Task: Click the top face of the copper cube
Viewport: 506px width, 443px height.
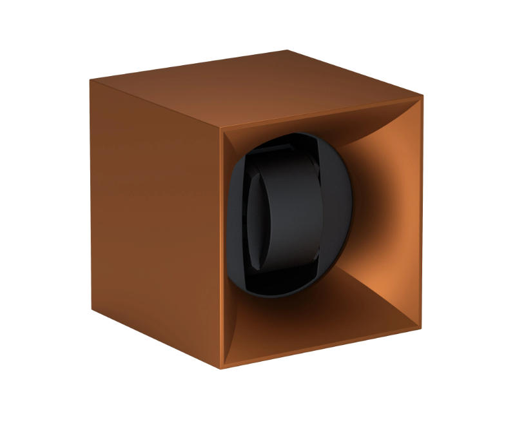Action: click(258, 90)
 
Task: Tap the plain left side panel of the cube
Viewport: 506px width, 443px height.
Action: click(155, 219)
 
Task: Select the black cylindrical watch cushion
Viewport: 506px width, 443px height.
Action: click(284, 213)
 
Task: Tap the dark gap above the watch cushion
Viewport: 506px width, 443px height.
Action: click(284, 145)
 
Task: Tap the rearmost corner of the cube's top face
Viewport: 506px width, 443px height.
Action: click(287, 50)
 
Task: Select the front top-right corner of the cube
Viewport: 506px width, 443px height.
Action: click(423, 96)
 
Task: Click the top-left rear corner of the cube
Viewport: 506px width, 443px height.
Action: click(90, 81)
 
